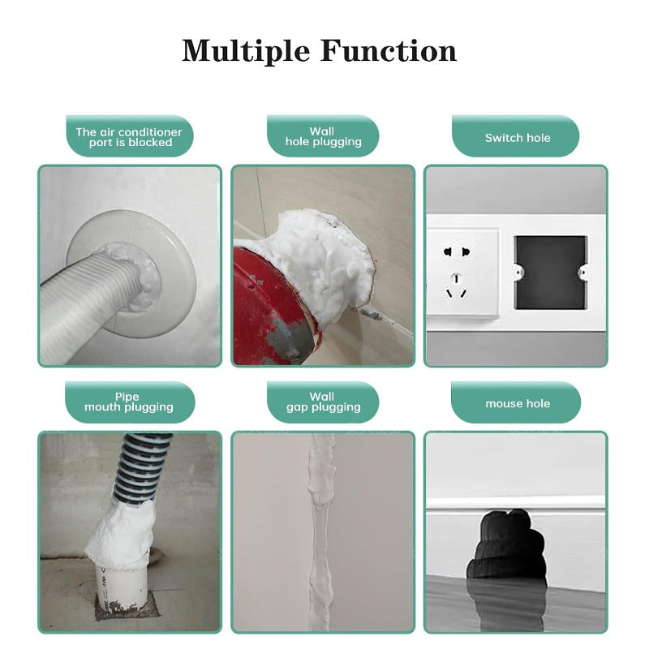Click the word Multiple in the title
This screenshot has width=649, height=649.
point(244,51)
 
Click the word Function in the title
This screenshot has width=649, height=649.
point(389,51)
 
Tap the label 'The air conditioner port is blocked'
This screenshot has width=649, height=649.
point(130,137)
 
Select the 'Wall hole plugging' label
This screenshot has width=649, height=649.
point(323,136)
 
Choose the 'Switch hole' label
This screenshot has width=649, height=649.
point(517,137)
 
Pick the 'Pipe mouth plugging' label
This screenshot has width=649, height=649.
point(129,402)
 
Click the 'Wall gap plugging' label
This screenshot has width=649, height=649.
point(323,402)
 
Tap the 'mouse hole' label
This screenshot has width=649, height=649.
point(517,403)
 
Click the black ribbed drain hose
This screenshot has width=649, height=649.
point(142,471)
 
